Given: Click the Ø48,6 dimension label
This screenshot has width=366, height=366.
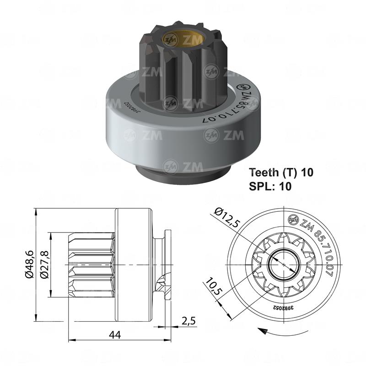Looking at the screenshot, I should point(29,264).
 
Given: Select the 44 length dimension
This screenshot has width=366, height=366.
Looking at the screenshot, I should point(116,335).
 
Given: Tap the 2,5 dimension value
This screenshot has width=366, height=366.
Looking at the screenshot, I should point(188,321).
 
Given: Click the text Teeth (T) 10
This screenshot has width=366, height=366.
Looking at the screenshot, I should point(281,172).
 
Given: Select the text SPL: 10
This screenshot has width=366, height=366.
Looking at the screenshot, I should point(270,186).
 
